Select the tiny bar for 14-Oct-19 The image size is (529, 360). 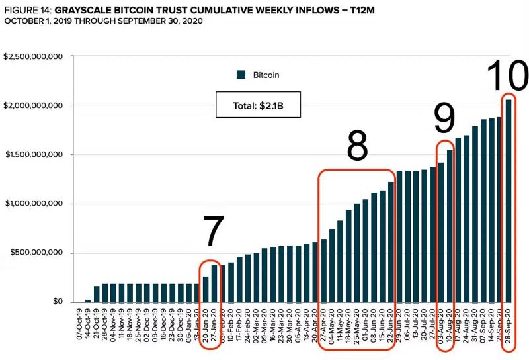pos(89,300)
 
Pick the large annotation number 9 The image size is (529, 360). pos(444,119)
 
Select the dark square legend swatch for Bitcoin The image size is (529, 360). pos(241,75)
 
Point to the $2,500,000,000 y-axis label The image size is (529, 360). pos(33,56)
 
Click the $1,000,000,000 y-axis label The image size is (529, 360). pos(33,204)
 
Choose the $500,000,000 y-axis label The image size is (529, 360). pos(36,253)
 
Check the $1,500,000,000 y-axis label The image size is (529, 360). pos(33,154)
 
